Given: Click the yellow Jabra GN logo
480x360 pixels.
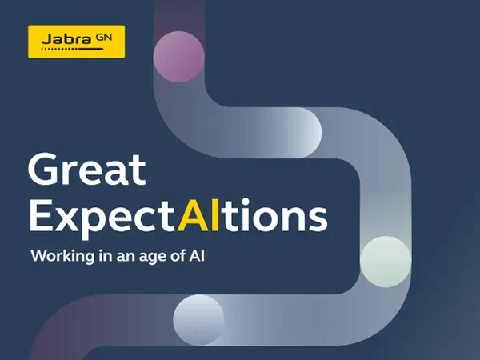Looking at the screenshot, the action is [77, 42].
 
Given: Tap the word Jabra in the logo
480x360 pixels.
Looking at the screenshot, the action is [66, 39].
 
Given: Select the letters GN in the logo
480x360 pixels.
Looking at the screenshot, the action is [104, 38].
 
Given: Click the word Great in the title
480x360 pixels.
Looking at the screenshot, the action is [87, 170].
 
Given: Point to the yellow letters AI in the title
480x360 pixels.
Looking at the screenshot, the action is [199, 215].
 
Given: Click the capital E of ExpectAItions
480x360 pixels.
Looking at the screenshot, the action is [39, 215].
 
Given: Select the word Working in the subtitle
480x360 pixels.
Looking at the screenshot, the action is [62, 256].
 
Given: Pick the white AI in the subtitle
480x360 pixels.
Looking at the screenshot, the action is [197, 256].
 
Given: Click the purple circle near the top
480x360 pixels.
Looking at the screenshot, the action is [178, 57].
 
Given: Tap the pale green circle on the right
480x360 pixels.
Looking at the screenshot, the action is [386, 262].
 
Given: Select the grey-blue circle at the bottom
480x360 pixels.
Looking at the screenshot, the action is [198, 320].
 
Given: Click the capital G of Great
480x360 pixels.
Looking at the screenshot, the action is [42, 170].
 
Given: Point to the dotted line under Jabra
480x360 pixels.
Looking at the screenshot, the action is [72, 49].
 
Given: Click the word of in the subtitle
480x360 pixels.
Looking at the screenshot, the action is [178, 255].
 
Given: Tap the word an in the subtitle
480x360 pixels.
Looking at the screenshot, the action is [126, 257].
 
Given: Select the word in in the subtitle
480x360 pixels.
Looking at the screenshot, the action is [106, 256].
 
